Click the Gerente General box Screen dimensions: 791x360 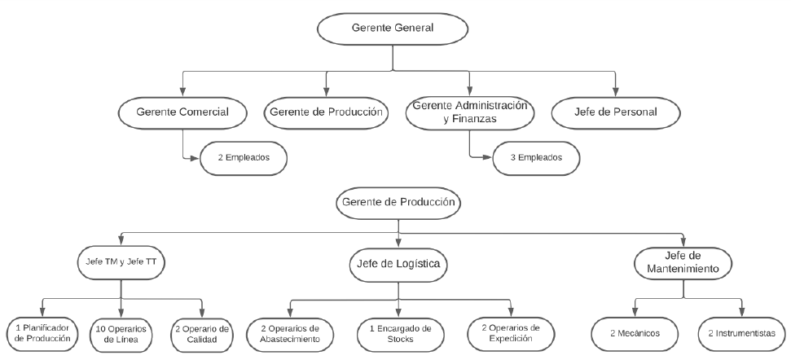pyautogui.click(x=393, y=29)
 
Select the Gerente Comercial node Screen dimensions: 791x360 pyautogui.click(x=182, y=113)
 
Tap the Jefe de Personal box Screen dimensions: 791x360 pyautogui.click(x=615, y=113)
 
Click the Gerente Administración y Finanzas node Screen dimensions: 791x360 pyautogui.click(x=470, y=113)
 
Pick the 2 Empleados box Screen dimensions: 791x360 pyautogui.click(x=244, y=158)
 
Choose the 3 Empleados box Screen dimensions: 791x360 pyautogui.click(x=536, y=158)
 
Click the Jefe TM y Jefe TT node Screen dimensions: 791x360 pyautogui.click(x=121, y=263)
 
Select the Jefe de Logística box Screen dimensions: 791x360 pyautogui.click(x=398, y=264)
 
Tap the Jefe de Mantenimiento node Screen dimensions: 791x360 pyautogui.click(x=683, y=263)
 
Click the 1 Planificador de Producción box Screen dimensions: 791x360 pyautogui.click(x=42, y=334)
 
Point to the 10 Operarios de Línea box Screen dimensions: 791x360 pyautogui.click(x=121, y=334)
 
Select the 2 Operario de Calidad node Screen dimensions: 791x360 pyautogui.click(x=202, y=334)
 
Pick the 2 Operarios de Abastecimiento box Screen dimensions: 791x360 pyautogui.click(x=289, y=334)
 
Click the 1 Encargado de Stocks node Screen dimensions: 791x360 pyautogui.click(x=401, y=334)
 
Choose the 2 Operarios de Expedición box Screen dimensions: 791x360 pyautogui.click(x=511, y=334)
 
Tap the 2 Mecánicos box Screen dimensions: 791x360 pyautogui.click(x=635, y=334)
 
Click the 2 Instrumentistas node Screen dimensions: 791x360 pyautogui.click(x=741, y=334)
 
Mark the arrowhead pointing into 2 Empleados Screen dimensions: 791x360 pyautogui.click(x=196, y=158)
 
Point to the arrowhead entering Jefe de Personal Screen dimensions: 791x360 pyautogui.click(x=615, y=92)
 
